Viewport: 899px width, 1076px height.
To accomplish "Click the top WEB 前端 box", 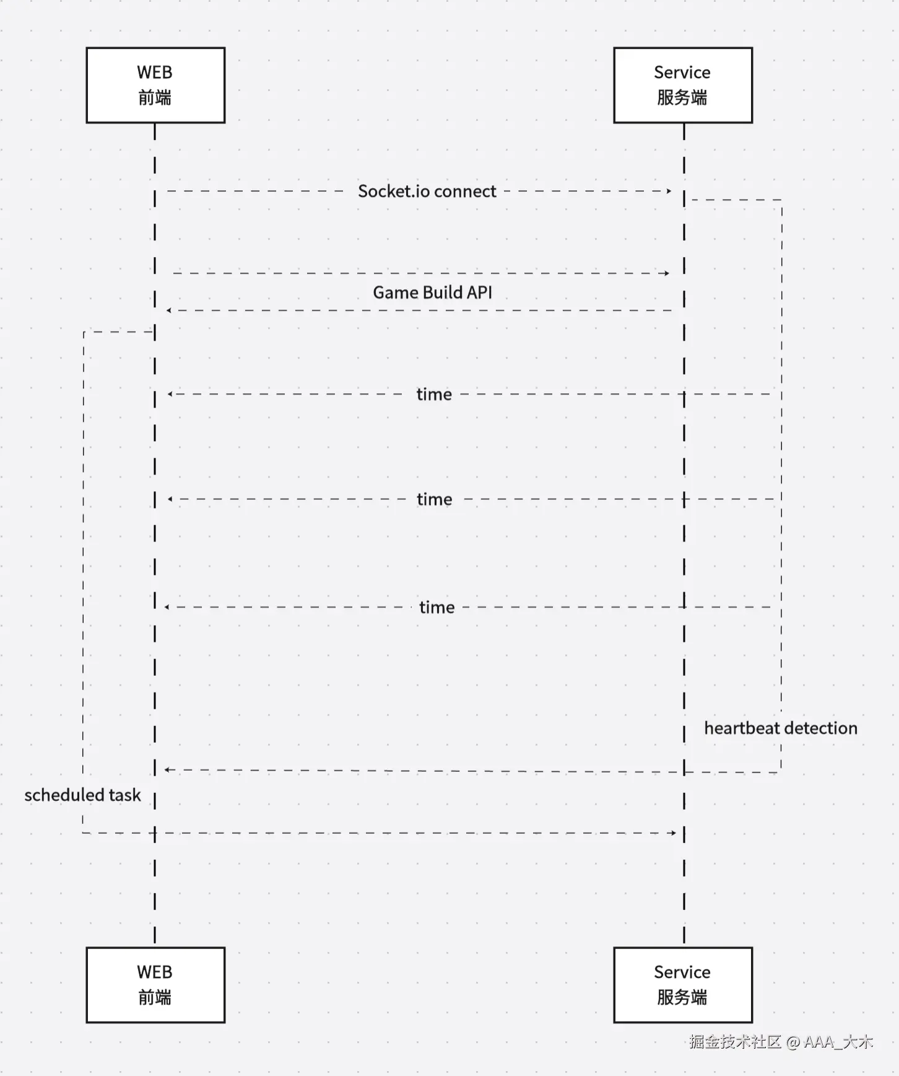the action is coord(155,85).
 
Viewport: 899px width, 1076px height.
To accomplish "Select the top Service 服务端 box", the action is coord(683,85).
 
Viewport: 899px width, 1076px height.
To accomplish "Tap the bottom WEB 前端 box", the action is coord(155,985).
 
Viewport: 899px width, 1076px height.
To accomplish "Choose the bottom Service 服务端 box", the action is coord(683,985).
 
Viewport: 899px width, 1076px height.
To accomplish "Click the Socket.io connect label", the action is coord(427,191).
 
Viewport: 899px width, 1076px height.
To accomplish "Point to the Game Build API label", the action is coord(432,292).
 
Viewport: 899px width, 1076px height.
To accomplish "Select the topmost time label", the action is coord(434,394).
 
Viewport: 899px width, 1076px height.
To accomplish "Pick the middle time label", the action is coord(435,499).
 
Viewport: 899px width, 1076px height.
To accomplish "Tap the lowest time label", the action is coord(437,607).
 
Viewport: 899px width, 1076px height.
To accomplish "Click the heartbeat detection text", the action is coord(781,728).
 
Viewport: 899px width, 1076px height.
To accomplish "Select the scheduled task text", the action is coord(82,795).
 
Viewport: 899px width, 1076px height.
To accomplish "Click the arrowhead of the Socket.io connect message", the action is coord(669,191).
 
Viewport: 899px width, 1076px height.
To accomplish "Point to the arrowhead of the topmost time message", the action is coord(170,394).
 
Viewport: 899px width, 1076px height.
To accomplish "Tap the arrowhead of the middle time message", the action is coord(170,499).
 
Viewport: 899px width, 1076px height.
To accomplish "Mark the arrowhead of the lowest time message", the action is coord(167,607).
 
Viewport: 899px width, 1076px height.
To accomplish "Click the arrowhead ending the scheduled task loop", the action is coord(673,833).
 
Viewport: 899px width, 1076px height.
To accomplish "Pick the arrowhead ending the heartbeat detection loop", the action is coord(168,769).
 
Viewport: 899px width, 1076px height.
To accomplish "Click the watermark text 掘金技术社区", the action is coord(736,1042).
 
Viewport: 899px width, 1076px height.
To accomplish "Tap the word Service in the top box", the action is coord(682,72).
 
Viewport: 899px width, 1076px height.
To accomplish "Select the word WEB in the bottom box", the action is coord(155,972).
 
